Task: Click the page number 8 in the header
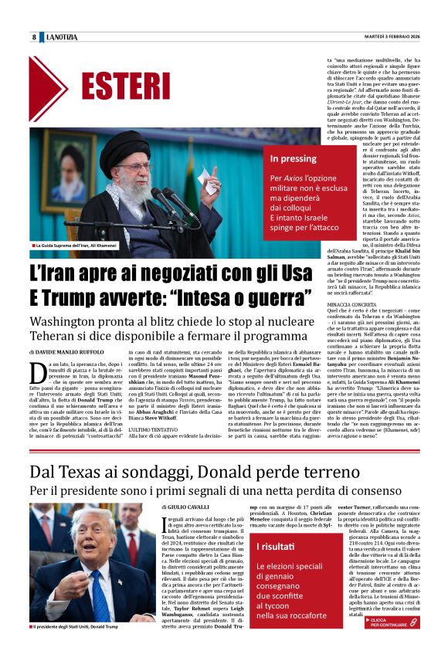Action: (x=34, y=37)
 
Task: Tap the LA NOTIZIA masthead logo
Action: (x=63, y=37)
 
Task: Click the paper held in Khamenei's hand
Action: (x=209, y=184)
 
